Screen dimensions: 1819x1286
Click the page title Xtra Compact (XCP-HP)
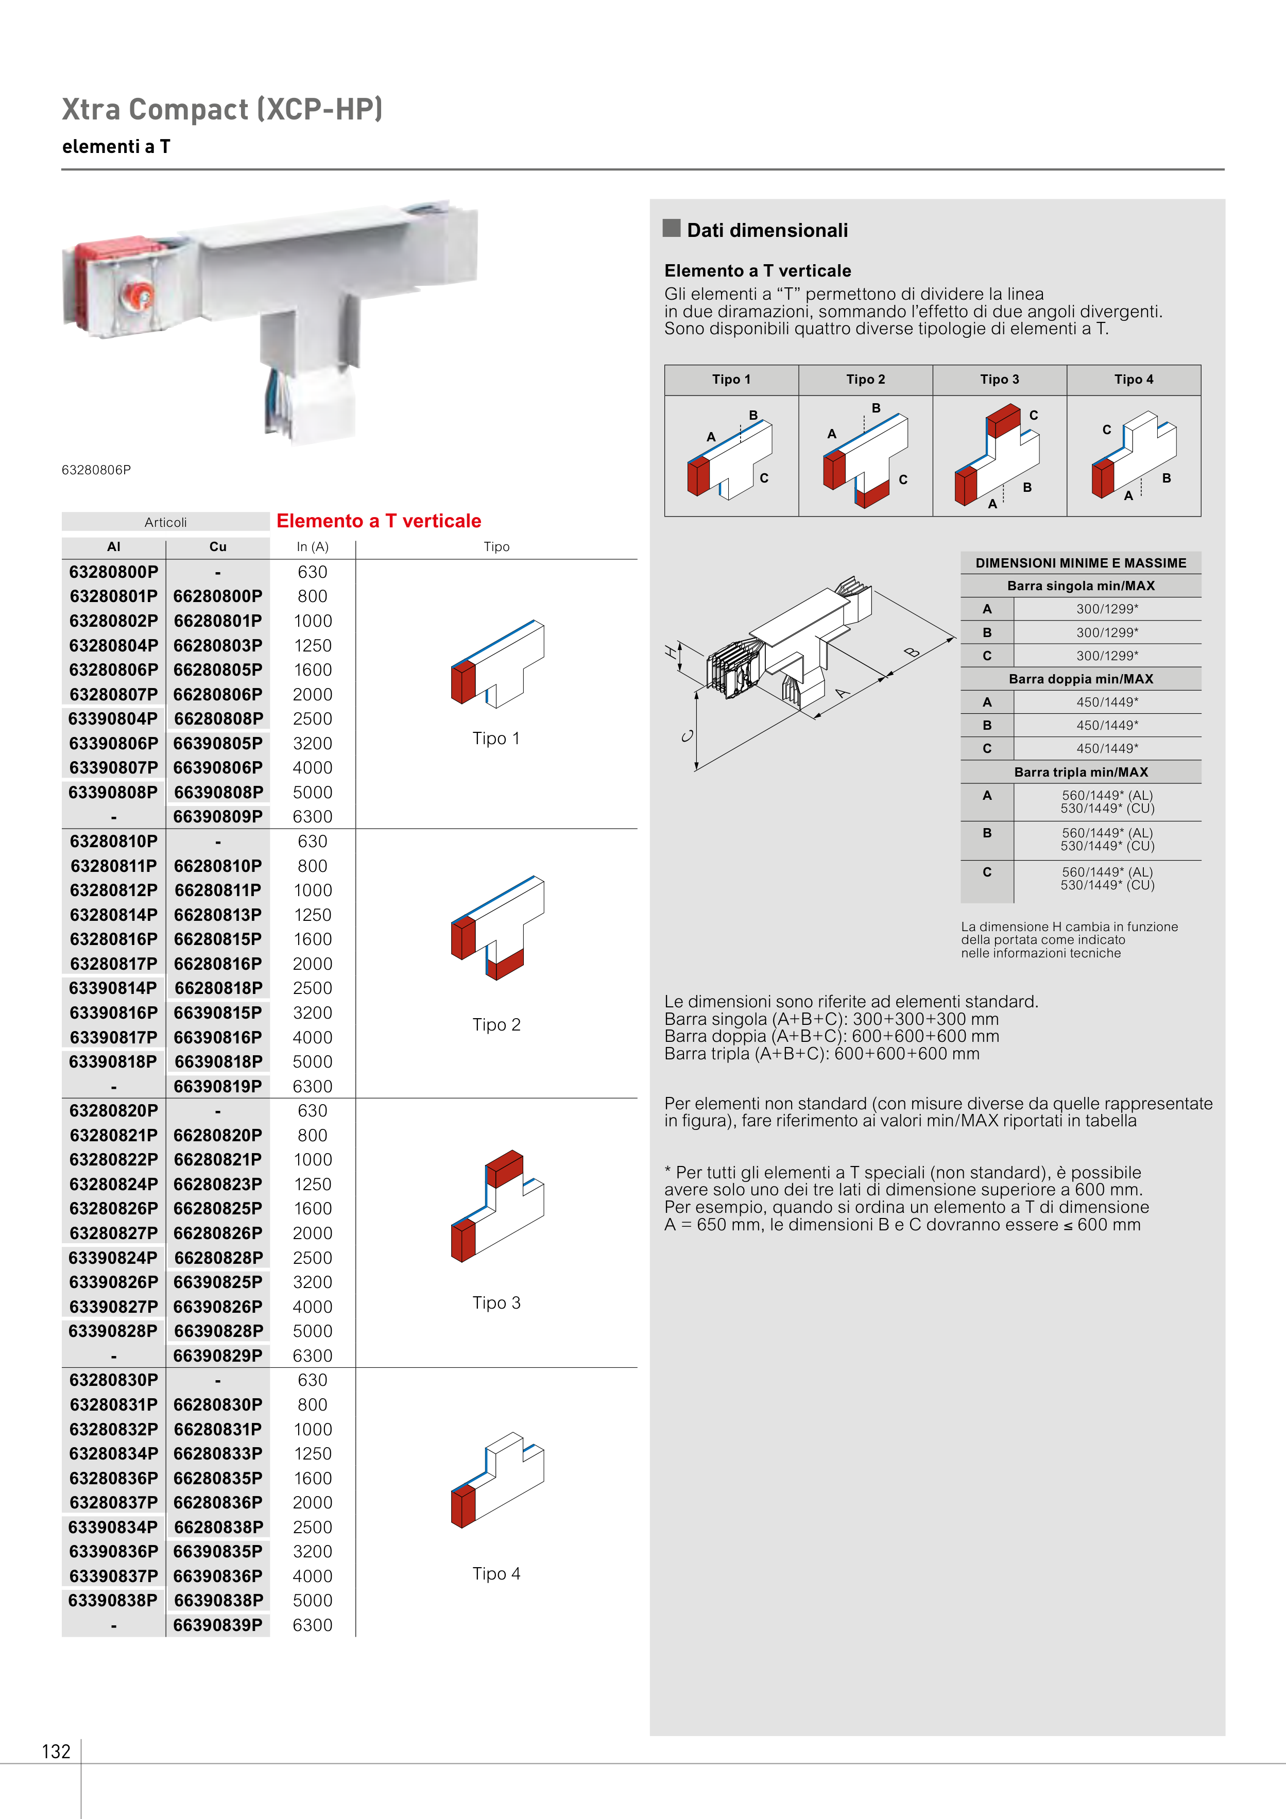(222, 109)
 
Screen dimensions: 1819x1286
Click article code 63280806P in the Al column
(113, 670)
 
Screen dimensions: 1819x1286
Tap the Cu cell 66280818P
(218, 988)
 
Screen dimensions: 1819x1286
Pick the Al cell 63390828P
(113, 1330)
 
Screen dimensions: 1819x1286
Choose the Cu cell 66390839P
(218, 1624)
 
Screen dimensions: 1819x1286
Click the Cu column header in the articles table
(218, 546)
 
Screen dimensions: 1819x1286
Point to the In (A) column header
(312, 546)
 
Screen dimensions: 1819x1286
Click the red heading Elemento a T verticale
(379, 521)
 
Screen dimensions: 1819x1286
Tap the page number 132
(56, 1751)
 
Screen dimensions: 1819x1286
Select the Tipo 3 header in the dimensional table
(999, 380)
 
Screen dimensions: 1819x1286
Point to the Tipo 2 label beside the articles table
(496, 1024)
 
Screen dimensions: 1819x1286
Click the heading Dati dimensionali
(767, 231)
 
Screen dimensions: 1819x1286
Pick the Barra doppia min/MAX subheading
(1081, 679)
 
